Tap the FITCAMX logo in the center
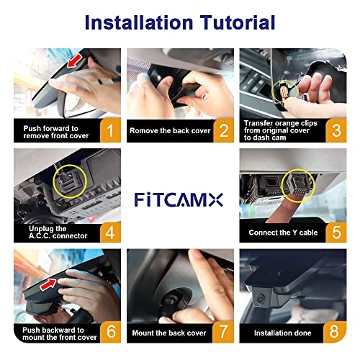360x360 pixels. pos(180,197)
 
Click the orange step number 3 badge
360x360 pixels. pos(335,130)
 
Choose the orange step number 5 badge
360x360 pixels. pos(335,231)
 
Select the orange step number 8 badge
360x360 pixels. pos(335,333)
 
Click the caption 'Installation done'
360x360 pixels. pos(283,333)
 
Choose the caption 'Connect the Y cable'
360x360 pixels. pos(282,232)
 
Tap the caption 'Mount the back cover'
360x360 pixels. pos(168,333)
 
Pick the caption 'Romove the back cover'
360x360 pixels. pos(168,131)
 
